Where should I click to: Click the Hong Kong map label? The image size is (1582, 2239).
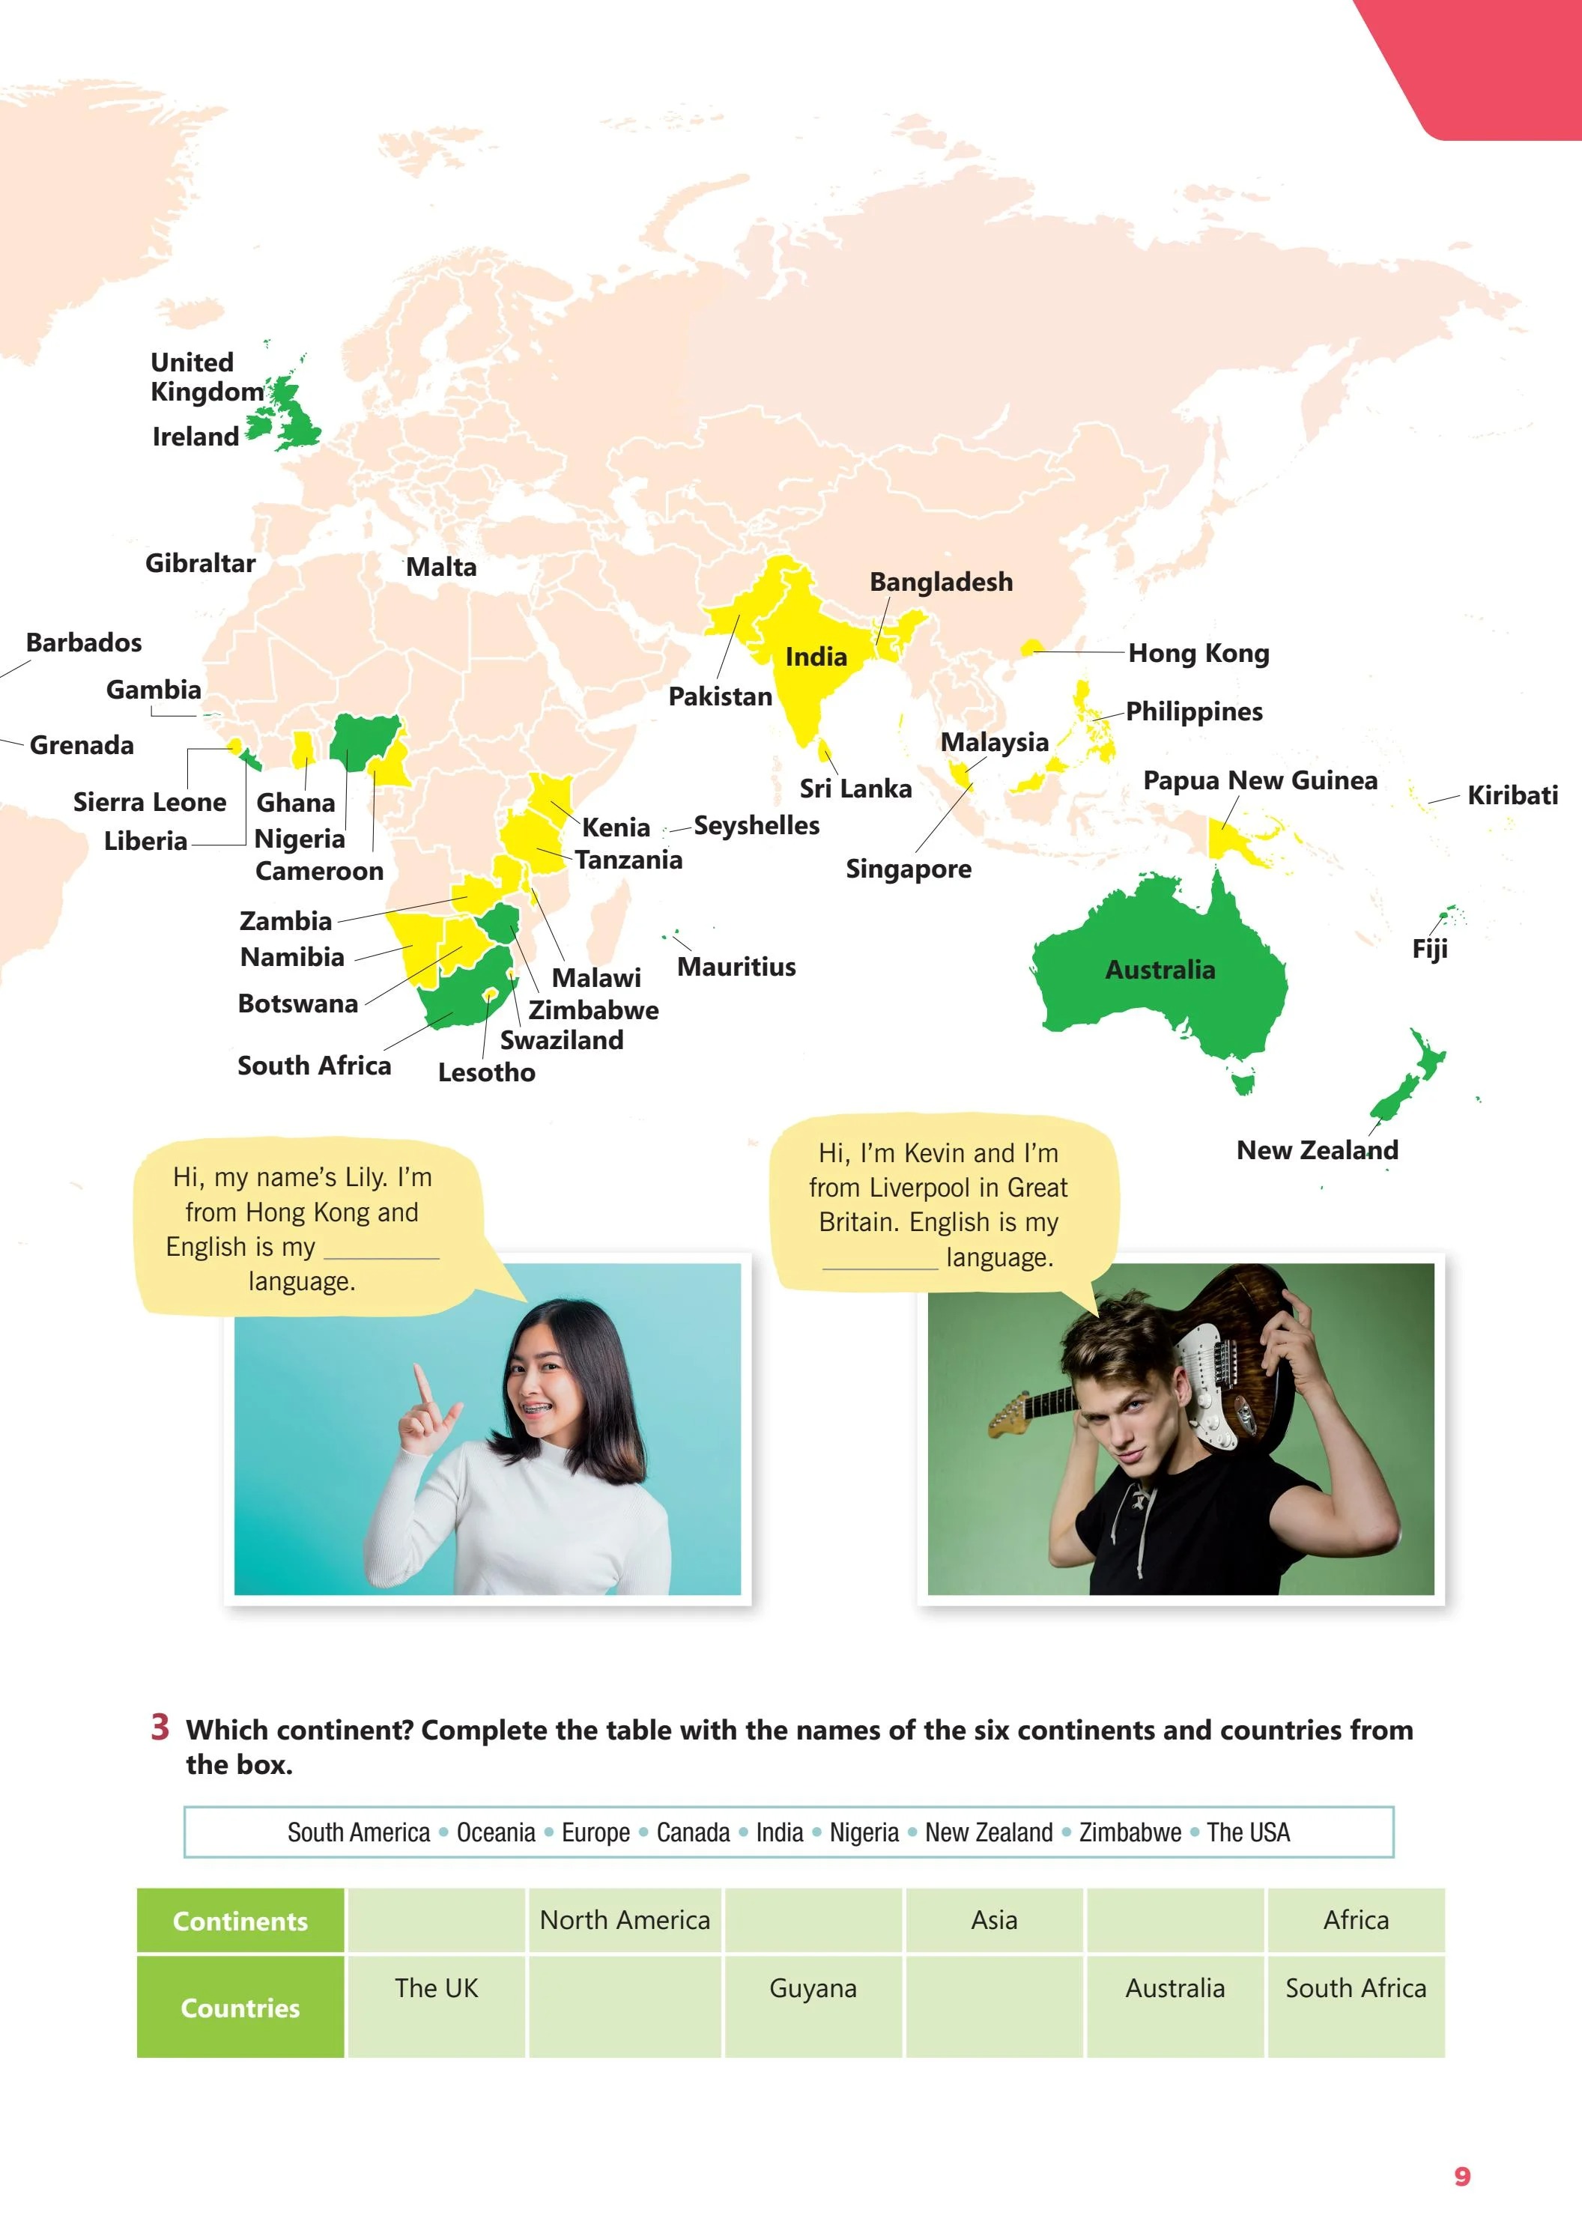coord(1198,654)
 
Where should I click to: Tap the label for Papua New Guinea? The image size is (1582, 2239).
coord(1259,780)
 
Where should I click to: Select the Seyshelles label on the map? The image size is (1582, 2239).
coord(756,826)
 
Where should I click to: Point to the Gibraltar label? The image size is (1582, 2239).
coord(200,564)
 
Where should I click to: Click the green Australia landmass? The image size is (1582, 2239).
coord(1151,975)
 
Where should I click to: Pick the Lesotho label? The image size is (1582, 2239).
coord(485,1072)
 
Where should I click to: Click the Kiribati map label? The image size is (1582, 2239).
coord(1512,796)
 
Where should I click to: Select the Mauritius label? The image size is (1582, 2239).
coord(736,967)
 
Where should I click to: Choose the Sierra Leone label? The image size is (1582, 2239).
coord(149,803)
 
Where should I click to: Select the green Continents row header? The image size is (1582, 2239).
coord(240,1921)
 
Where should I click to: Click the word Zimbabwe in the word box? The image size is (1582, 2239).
coord(1130,1833)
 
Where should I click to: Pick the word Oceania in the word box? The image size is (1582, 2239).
coord(495,1833)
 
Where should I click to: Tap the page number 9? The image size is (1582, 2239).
coord(1461,2177)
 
